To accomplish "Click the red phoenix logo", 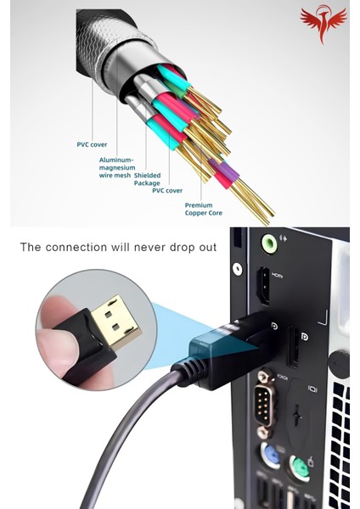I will click(323, 24).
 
